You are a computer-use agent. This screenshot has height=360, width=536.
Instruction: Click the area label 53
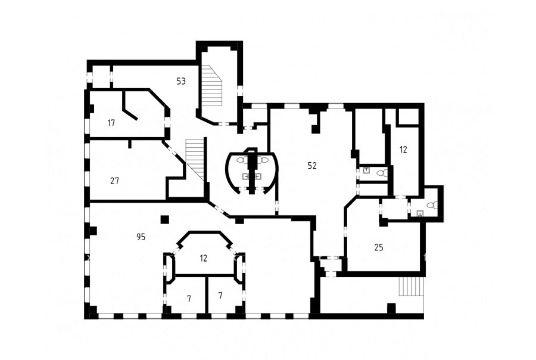click(181, 82)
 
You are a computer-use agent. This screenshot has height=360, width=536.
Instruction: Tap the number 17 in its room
click(111, 123)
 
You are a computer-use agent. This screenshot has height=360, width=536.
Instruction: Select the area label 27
click(114, 181)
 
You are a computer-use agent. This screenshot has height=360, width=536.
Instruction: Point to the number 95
click(141, 237)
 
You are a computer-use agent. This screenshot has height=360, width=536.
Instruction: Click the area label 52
click(312, 166)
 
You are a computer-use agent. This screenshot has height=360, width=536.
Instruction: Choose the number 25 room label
click(379, 247)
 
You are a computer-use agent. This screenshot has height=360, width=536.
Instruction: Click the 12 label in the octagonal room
click(204, 258)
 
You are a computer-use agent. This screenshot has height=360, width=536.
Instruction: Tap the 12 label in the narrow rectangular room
click(403, 150)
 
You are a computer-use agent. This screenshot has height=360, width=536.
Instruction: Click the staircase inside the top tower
click(211, 86)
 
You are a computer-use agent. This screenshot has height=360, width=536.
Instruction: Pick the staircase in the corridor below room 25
click(411, 286)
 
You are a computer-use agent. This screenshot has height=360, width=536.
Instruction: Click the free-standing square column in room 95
click(165, 219)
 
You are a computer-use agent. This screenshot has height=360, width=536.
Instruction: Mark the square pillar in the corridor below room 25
click(391, 308)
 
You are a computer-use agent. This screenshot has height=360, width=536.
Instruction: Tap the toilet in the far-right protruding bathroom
click(433, 205)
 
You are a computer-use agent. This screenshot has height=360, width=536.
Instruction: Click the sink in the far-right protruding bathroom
click(420, 213)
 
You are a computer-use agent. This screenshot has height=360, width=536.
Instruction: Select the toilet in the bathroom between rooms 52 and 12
click(382, 173)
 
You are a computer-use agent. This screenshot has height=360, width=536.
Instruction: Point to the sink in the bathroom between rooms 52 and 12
click(366, 170)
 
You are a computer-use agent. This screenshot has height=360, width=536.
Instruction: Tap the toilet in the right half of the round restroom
click(263, 160)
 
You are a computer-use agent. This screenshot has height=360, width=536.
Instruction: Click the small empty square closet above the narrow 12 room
click(407, 117)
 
